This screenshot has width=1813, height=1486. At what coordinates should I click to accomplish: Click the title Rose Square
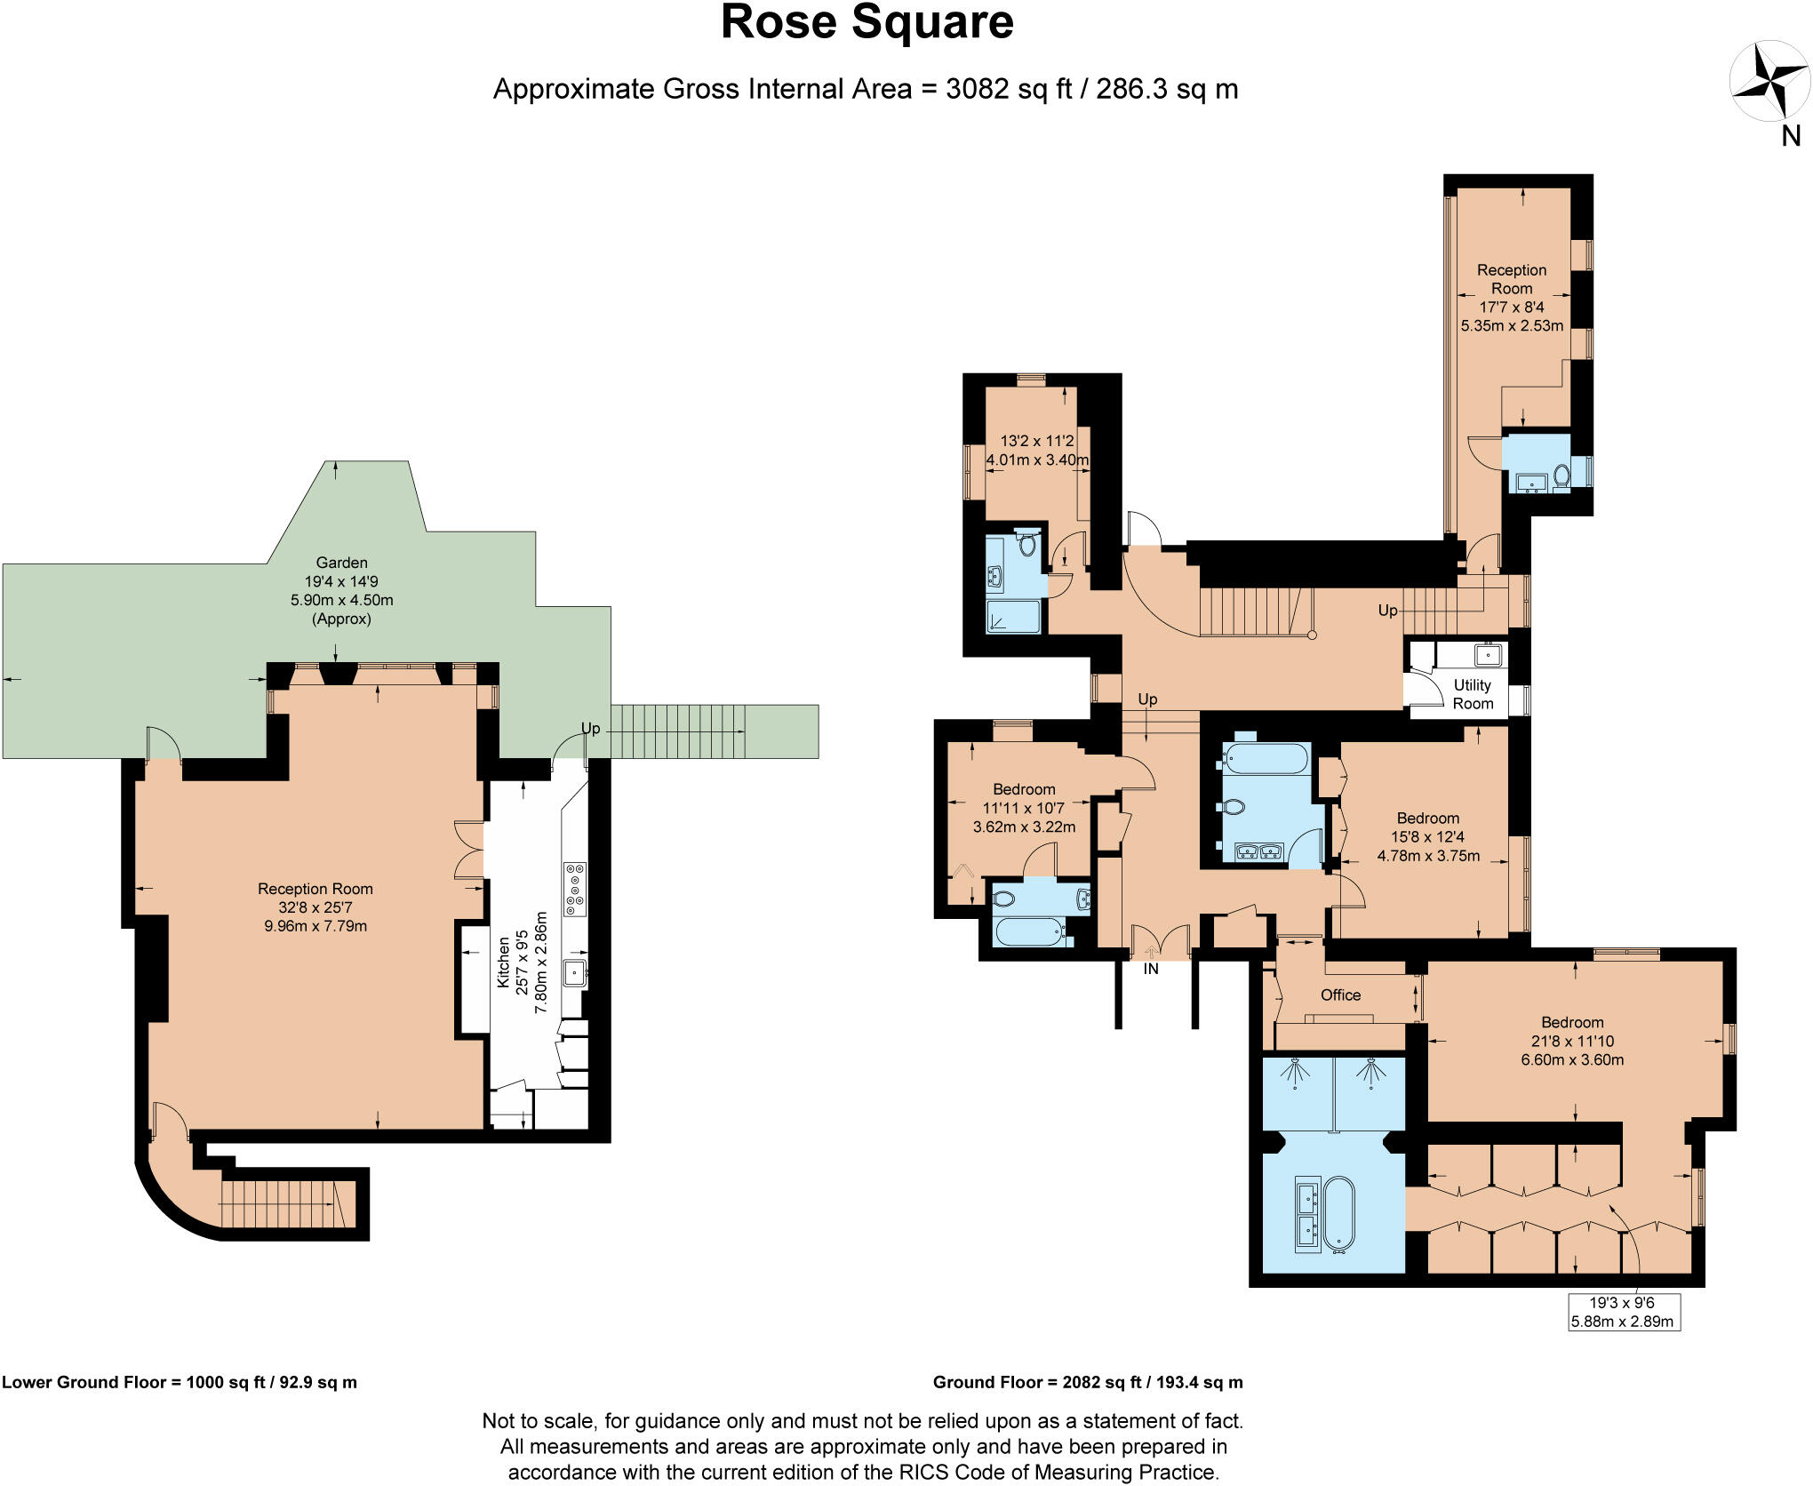867,23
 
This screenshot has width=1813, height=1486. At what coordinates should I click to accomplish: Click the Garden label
341,563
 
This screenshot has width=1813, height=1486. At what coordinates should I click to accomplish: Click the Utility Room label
1472,694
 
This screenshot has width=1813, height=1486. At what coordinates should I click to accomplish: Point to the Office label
1340,995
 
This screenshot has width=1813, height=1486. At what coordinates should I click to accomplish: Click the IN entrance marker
1151,969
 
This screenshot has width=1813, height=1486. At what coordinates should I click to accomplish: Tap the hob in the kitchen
575,889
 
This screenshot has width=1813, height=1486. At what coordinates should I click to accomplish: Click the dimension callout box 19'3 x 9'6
1622,1312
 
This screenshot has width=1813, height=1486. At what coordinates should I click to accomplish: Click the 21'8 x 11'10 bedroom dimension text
1572,1041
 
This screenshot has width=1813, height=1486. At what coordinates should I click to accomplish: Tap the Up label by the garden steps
590,729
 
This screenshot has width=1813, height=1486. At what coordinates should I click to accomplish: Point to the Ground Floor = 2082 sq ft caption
1087,1382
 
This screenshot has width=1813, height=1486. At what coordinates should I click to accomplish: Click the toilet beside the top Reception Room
1561,476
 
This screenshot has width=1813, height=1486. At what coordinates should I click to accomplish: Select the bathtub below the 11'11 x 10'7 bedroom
1030,932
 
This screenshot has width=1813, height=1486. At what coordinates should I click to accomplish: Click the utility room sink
1487,656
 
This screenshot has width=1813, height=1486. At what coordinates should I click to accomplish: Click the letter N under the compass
1791,136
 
